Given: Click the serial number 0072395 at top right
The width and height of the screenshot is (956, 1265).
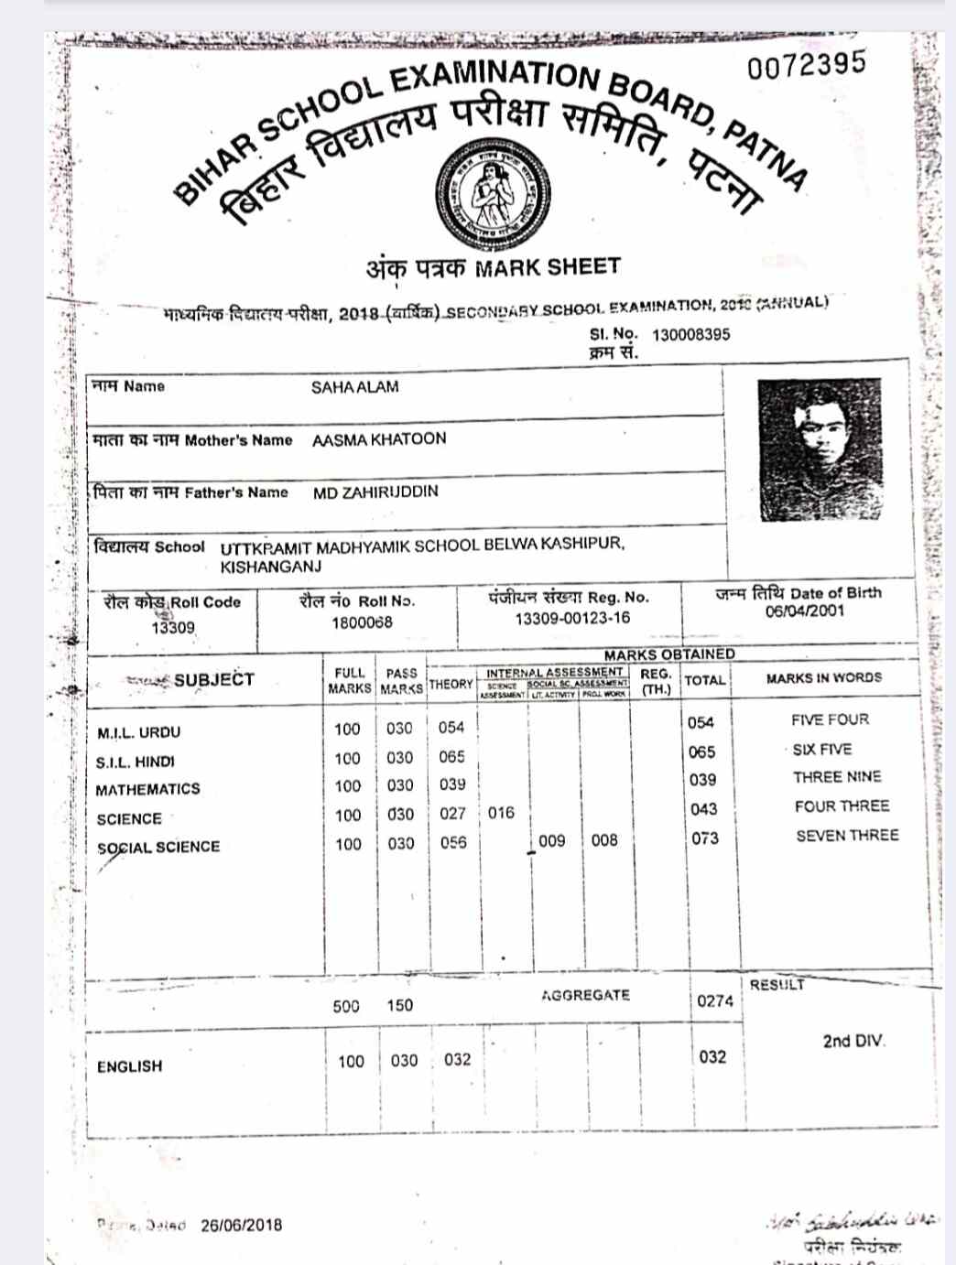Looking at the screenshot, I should pos(806,65).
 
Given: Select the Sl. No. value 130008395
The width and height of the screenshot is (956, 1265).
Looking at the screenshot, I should pos(690,334).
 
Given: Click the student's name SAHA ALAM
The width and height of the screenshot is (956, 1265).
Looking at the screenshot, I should pos(354,387).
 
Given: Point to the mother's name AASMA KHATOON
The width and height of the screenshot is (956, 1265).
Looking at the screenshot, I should pos(379,439).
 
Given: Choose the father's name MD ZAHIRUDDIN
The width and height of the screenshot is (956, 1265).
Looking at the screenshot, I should pos(375,492).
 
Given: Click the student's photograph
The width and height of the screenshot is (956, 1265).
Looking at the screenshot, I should pos(819,449).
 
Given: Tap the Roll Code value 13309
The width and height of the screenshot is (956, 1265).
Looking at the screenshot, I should pos(173,627).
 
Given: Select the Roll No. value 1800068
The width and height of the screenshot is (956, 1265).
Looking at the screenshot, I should pos(362,622).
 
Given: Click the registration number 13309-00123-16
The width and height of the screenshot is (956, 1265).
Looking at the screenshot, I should pos(572,618).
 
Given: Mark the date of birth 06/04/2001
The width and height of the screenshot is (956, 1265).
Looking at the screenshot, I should pos(804,611).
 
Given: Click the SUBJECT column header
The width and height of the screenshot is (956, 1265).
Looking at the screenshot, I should pos(213,679).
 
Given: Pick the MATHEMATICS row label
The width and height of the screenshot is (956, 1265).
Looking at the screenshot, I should pos(147,789).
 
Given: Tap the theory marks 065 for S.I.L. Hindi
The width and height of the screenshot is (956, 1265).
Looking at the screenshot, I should pos(451,757).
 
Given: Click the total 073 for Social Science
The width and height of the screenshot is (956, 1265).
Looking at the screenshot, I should pos(704,838).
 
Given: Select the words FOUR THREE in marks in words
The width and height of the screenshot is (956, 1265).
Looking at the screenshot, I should pos(842,806).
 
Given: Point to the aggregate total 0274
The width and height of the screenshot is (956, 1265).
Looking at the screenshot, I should pos(714,1000).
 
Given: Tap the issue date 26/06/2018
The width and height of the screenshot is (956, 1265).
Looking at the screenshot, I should pos(242,1225).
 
